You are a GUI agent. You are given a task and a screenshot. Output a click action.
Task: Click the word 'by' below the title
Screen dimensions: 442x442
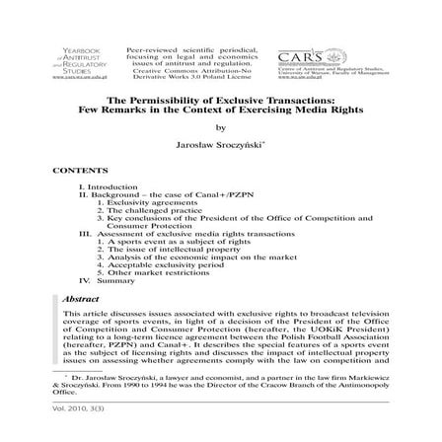[x=221, y=127]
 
